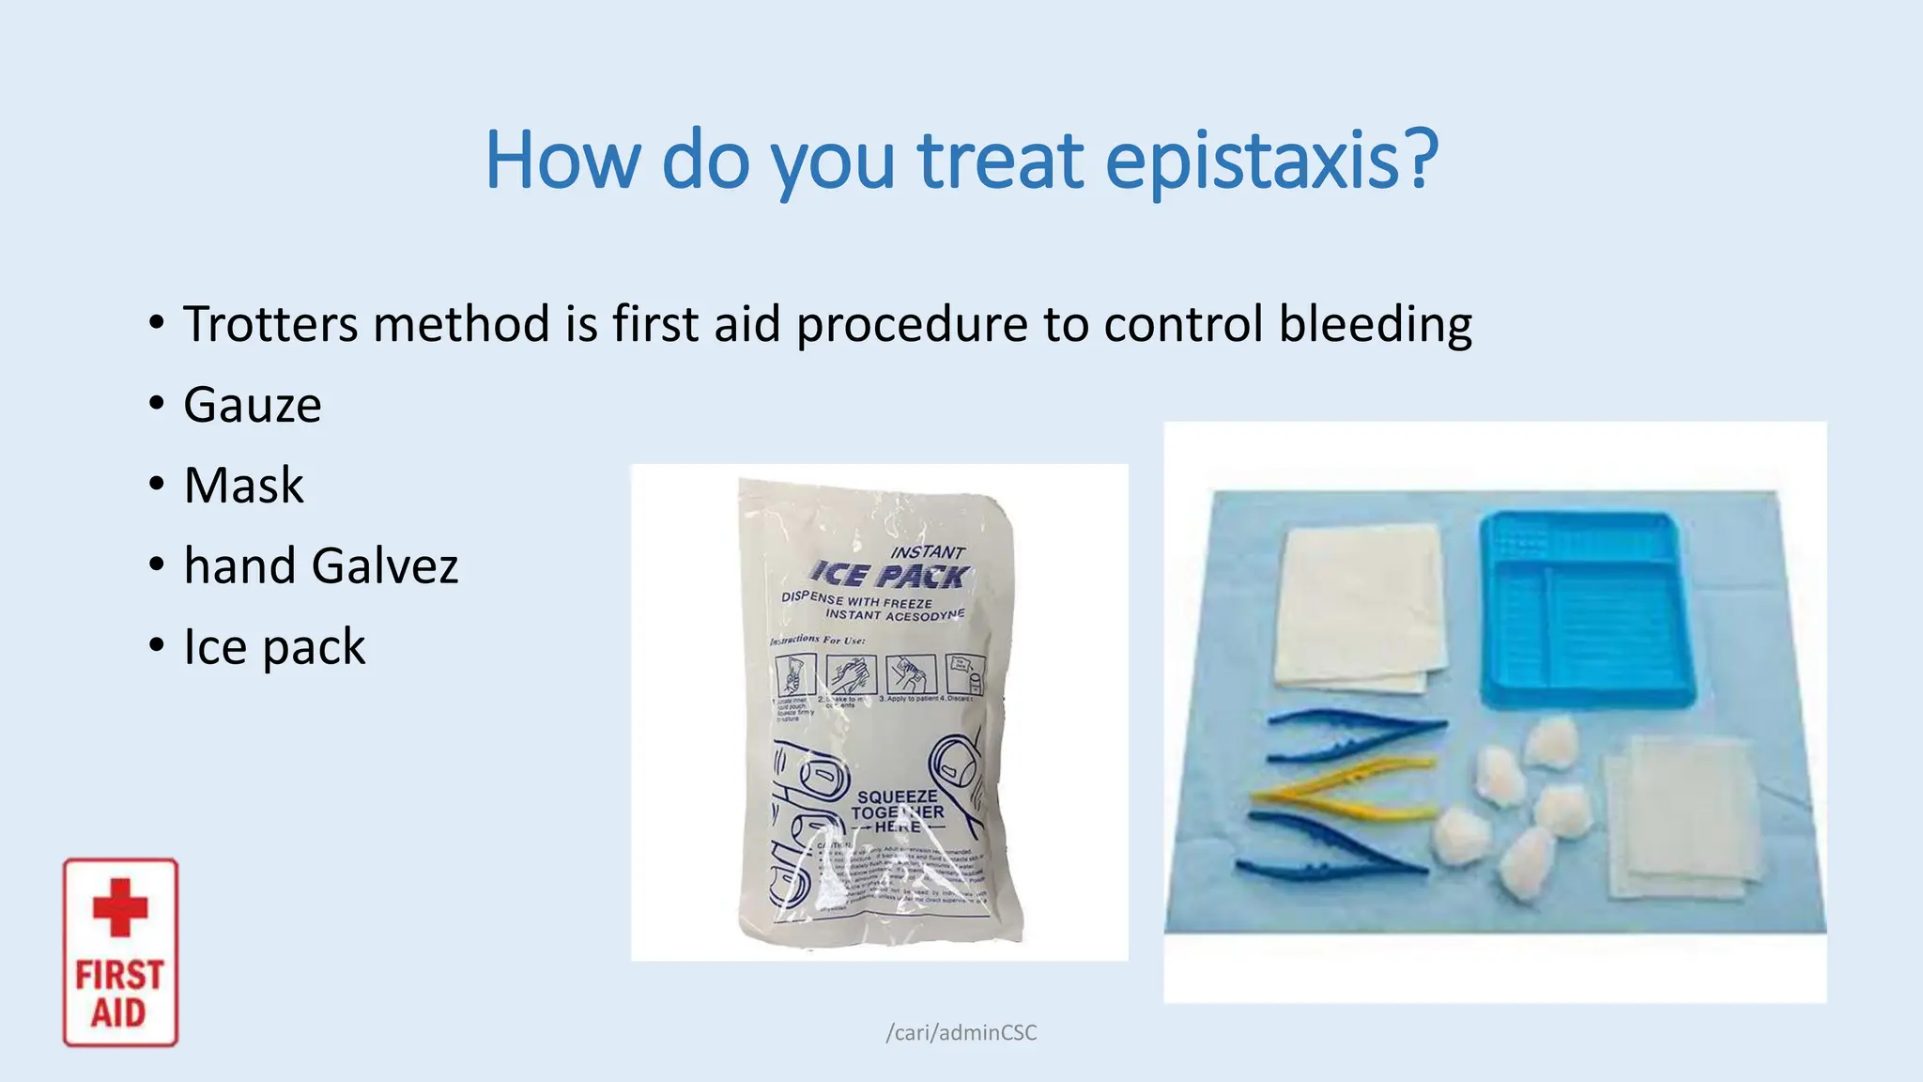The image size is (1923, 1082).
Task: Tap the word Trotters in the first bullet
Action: click(x=270, y=325)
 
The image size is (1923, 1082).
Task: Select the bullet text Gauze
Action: click(x=252, y=406)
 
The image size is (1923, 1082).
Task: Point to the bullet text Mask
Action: click(x=243, y=487)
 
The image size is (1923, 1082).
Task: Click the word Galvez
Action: click(x=384, y=566)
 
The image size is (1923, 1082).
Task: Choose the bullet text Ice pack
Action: click(x=274, y=647)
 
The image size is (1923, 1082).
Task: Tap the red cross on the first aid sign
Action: click(x=120, y=907)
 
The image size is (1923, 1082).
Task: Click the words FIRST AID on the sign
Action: click(x=119, y=994)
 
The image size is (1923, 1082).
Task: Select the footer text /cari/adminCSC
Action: click(x=961, y=1032)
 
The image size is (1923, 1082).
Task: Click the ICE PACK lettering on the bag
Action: click(x=890, y=574)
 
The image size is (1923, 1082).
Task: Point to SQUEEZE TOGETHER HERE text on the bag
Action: click(x=897, y=811)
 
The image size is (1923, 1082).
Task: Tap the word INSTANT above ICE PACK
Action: click(x=927, y=552)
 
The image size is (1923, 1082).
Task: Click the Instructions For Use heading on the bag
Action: click(x=818, y=641)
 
